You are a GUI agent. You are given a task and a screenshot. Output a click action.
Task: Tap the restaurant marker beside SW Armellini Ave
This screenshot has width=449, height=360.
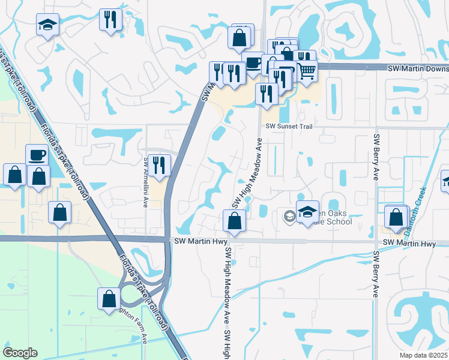coord(159,165)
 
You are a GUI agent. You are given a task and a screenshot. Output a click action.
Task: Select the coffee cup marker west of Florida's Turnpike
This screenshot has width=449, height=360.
coord(37,155)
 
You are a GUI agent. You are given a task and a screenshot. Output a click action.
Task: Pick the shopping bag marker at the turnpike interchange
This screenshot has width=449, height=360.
coord(109,299)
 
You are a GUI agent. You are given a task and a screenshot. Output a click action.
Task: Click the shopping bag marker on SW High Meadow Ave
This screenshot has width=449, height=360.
coord(234,221)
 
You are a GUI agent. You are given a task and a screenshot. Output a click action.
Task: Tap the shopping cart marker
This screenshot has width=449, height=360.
coord(307,71)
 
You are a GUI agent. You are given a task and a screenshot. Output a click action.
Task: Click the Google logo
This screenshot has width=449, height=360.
coord(20,353)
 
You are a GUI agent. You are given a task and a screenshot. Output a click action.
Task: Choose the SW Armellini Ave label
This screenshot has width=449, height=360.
coord(145,182)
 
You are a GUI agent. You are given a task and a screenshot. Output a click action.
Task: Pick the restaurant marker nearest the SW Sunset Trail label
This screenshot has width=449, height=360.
coord(266,94)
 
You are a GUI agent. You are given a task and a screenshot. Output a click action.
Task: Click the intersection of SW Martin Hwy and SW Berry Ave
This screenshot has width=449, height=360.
coord(376,242)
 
